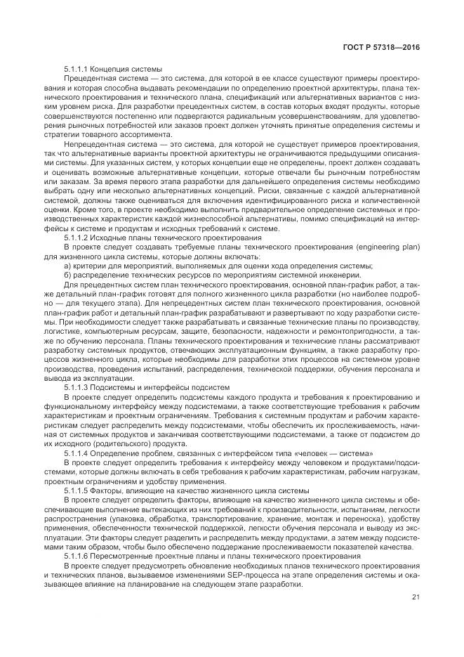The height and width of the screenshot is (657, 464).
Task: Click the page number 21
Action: click(x=416, y=598)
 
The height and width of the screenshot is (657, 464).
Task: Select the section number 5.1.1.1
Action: click(x=75, y=69)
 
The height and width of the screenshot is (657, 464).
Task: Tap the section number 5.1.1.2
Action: click(x=75, y=238)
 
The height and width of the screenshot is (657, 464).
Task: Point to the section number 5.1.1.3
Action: click(x=75, y=388)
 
